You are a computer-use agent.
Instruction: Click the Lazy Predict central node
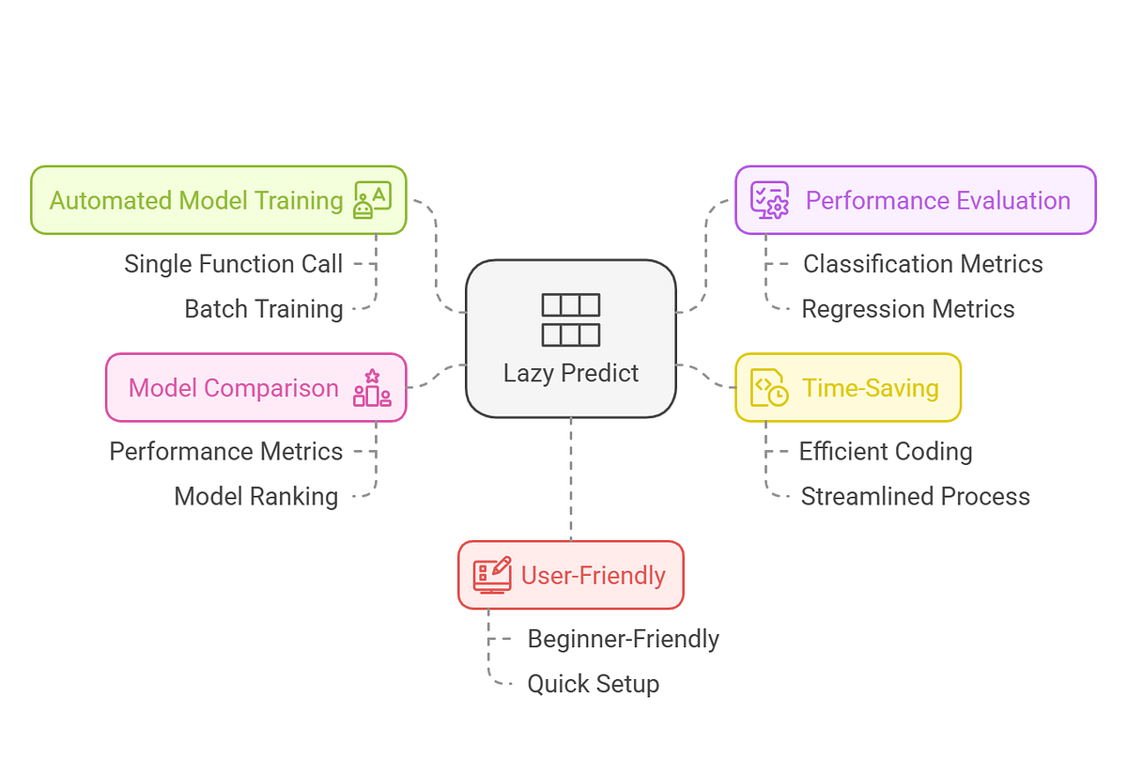pyautogui.click(x=571, y=339)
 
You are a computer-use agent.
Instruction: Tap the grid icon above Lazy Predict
pyautogui.click(x=571, y=319)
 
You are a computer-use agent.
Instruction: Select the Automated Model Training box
pyautogui.click(x=218, y=200)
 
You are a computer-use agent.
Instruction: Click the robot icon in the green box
pyautogui.click(x=372, y=201)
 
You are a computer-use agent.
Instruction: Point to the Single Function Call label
pyautogui.click(x=233, y=264)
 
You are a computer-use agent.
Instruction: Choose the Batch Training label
pyautogui.click(x=263, y=309)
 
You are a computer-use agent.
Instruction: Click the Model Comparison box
pyautogui.click(x=255, y=387)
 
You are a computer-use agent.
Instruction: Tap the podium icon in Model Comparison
pyautogui.click(x=372, y=388)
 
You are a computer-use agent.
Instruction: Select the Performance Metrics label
pyautogui.click(x=225, y=451)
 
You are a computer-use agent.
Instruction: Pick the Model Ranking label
pyautogui.click(x=255, y=496)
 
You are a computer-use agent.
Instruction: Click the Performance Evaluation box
pyautogui.click(x=915, y=200)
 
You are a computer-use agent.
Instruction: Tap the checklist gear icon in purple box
pyautogui.click(x=769, y=200)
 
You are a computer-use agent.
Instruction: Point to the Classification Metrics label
pyautogui.click(x=922, y=264)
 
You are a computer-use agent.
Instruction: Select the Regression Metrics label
pyautogui.click(x=907, y=309)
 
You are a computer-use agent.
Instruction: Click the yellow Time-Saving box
pyautogui.click(x=847, y=387)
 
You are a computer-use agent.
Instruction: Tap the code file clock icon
pyautogui.click(x=769, y=388)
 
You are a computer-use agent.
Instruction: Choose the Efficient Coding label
pyautogui.click(x=885, y=451)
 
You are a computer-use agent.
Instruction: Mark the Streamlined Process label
pyautogui.click(x=915, y=496)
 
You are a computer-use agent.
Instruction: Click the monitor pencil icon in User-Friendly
pyautogui.click(x=492, y=575)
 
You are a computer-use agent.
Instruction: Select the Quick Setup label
pyautogui.click(x=593, y=684)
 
